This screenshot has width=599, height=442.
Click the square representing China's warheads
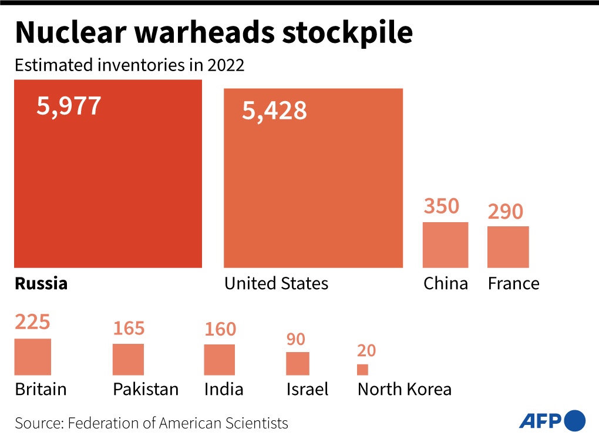446,245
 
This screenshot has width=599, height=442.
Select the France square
508,247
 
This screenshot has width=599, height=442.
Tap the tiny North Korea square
362,370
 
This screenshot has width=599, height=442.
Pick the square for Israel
297,363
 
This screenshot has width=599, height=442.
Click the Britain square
33,357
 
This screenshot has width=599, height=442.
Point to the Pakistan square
128,359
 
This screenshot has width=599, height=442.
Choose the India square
219,360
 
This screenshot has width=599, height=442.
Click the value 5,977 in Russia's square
69,106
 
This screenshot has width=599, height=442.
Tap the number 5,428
274,110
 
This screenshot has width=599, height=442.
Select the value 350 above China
441,206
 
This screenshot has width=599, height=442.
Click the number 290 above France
505,211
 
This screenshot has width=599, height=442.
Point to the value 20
366,351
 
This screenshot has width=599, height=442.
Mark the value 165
129,328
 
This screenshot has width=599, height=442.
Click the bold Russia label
41,284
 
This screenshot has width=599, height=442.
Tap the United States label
276,284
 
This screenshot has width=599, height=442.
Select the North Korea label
404,389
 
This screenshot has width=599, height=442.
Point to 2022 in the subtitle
226,65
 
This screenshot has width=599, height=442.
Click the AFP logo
551,420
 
